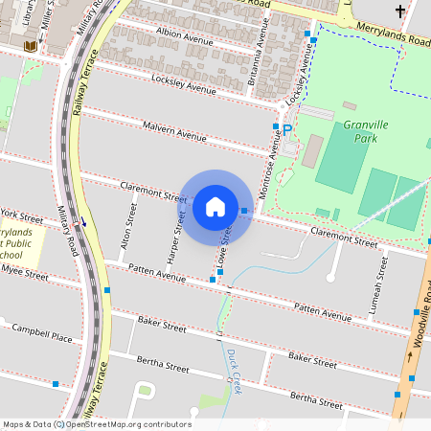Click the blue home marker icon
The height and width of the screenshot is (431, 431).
215,206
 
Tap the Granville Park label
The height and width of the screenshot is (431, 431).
368,131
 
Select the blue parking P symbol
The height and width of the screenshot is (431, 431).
286,129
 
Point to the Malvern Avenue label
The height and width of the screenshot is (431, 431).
174,131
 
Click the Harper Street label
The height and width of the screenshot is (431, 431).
177,236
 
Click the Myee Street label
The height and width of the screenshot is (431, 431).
25,274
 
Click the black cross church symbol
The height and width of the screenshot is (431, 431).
399,11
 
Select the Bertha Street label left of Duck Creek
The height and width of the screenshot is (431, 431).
163,365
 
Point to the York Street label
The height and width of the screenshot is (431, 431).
23,214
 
